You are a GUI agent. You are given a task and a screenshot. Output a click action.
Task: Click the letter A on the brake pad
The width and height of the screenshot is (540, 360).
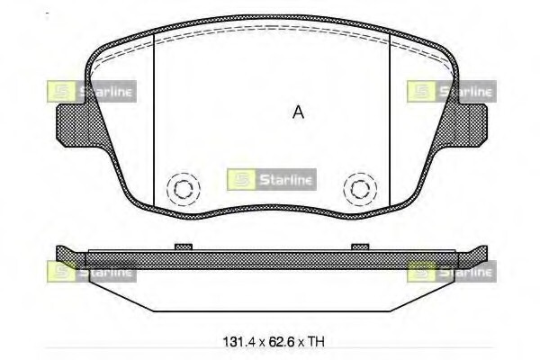pyautogui.click(x=298, y=112)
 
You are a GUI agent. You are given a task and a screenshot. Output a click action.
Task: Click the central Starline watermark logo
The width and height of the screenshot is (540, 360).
pyautogui.click(x=272, y=179)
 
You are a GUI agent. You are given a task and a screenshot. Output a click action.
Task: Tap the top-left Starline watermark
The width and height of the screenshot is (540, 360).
pyautogui.click(x=92, y=91)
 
